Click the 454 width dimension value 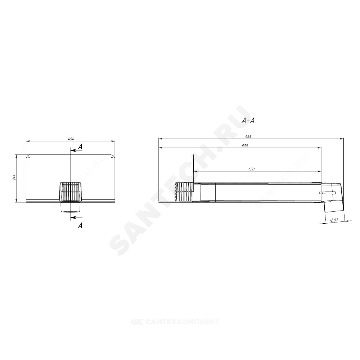pos(71,139)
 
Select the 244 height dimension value pos(14,177)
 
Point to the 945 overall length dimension pos(248,136)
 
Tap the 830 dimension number pos(245,145)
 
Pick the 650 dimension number pos(251,169)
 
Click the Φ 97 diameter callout pos(334,220)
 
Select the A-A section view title pos(248,121)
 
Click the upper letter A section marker pos(80,147)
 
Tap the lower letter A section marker pos(80,226)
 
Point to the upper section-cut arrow pos(76,150)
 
